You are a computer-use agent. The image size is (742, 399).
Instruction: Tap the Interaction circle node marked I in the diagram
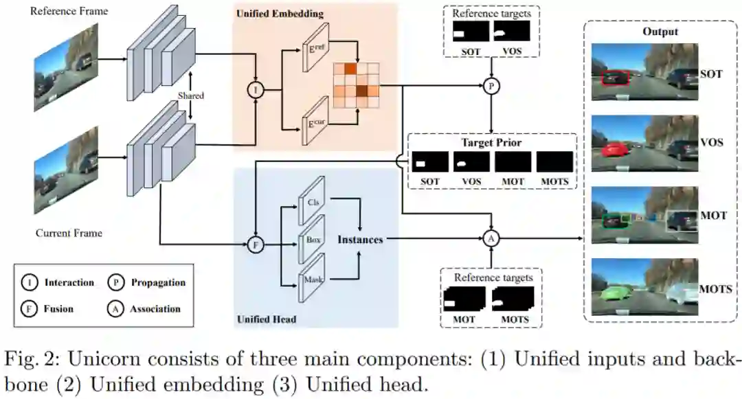pyautogui.click(x=256, y=89)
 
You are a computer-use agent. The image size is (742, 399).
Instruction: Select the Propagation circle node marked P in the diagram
pyautogui.click(x=491, y=86)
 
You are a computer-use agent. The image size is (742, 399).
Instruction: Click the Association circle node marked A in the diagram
pyautogui.click(x=491, y=238)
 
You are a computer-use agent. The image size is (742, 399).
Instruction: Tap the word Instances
pyautogui.click(x=360, y=239)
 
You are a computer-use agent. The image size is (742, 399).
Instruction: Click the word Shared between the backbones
pyautogui.click(x=191, y=96)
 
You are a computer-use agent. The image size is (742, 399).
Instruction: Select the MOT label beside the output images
pyautogui.click(x=713, y=216)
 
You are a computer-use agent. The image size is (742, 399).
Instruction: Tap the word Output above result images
pyautogui.click(x=660, y=32)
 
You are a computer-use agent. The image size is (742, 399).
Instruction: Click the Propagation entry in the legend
pyautogui.click(x=157, y=282)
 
